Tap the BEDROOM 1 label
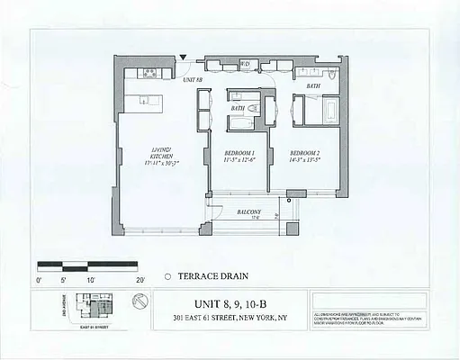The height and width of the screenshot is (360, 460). coord(239,157)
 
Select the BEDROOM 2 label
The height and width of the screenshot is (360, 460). coord(306,157)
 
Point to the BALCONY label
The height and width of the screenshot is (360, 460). coord(249,211)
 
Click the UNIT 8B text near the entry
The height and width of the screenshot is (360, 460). coord(193,81)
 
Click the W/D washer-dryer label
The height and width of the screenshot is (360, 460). coord(244,64)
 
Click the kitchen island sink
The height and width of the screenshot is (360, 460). coord(144,101)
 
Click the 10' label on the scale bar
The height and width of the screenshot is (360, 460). coord(90,280)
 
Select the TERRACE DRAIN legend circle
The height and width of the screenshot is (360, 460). coord(167,277)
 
